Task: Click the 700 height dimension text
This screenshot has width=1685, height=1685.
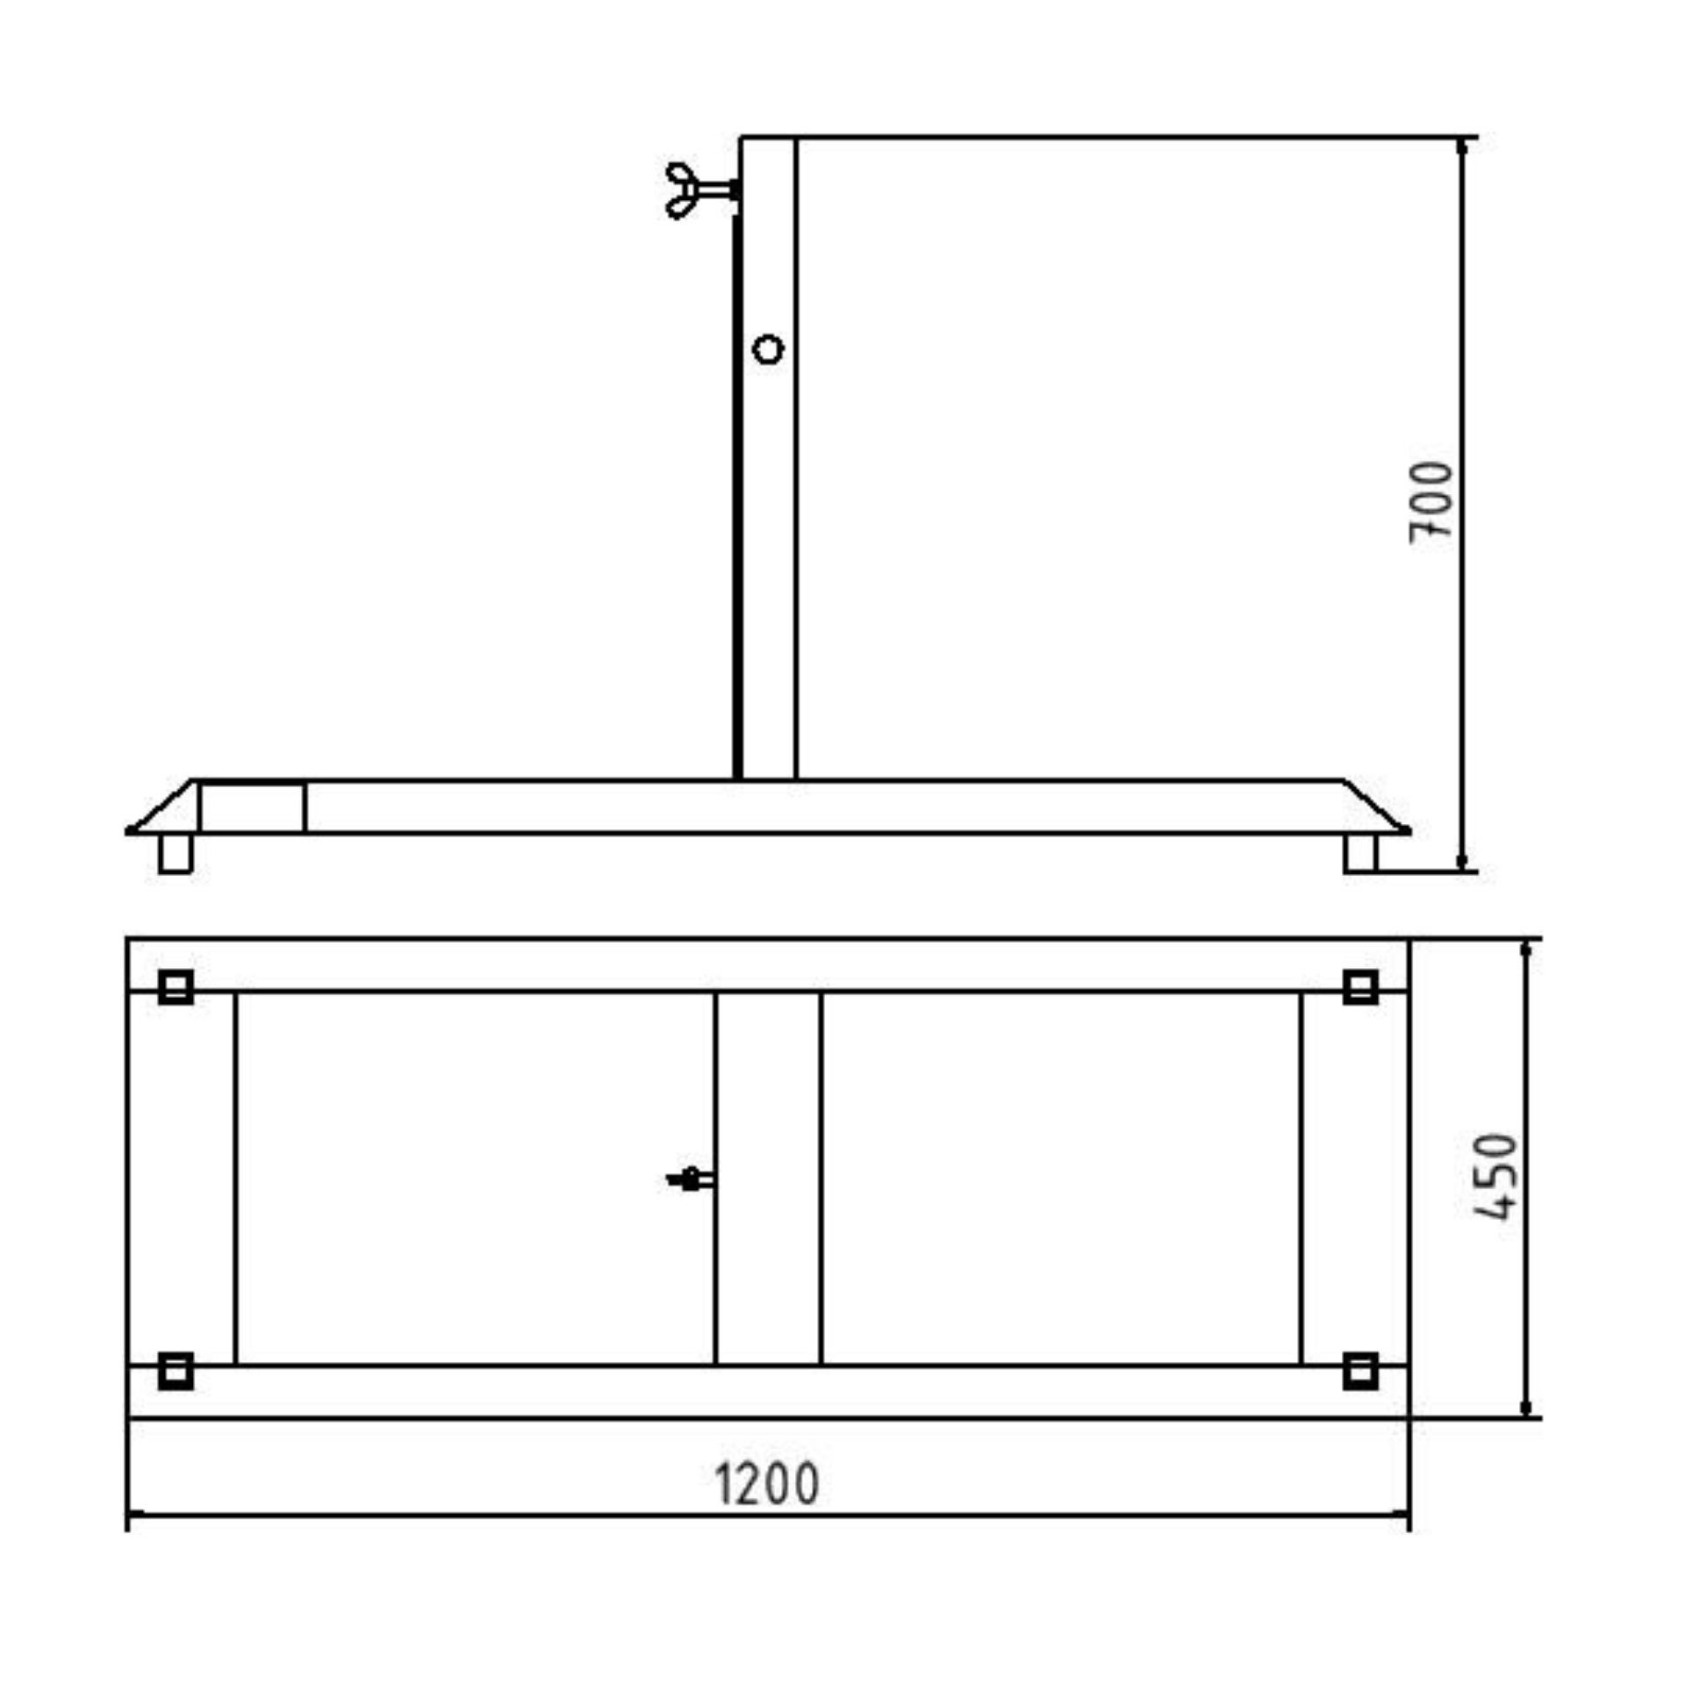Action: tap(1430, 502)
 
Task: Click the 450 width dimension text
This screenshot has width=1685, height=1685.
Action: tap(1495, 1177)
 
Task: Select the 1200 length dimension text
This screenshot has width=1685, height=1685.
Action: tap(767, 1484)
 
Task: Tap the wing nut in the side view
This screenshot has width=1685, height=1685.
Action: tap(701, 190)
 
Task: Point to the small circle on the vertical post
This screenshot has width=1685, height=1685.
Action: tap(768, 350)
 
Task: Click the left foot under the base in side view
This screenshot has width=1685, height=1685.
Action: tap(176, 853)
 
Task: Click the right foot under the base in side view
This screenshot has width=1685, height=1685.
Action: tap(1360, 853)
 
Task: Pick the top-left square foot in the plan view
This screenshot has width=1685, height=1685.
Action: tap(176, 987)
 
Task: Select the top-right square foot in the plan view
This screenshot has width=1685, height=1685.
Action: tap(1360, 987)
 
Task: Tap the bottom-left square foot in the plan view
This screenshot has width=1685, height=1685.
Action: tap(176, 1372)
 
